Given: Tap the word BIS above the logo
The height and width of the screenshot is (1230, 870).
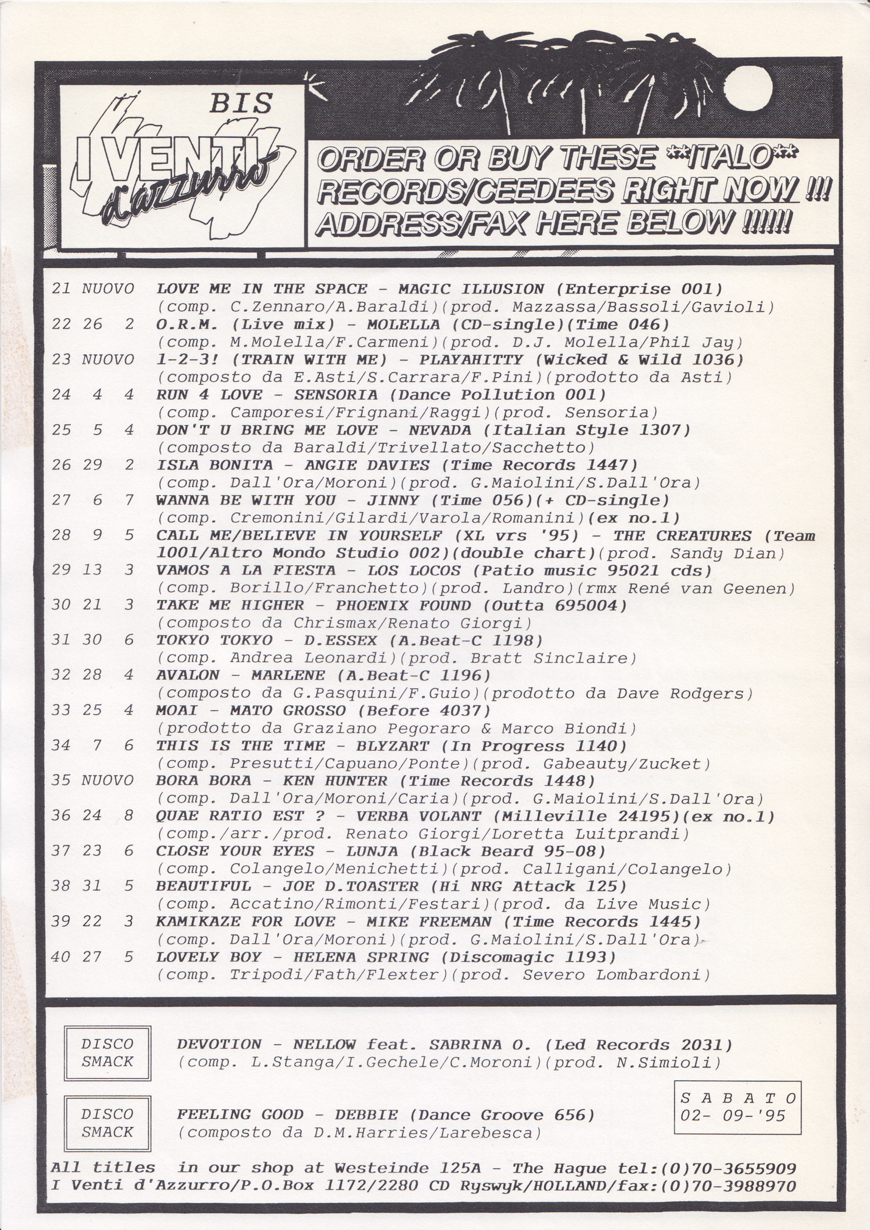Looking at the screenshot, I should (241, 102).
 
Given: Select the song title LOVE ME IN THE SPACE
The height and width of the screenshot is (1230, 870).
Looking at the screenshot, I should (261, 289).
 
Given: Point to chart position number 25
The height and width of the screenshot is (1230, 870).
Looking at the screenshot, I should (61, 430).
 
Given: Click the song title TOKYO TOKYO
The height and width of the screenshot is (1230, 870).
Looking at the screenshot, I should (214, 641).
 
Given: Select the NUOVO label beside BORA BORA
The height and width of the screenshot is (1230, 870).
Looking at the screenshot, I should (107, 781).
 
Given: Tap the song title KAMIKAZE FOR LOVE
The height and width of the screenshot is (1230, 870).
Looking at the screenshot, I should (246, 922).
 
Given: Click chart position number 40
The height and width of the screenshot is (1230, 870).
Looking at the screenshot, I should (61, 957).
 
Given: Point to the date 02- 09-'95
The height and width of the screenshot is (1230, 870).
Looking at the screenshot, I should (733, 1116).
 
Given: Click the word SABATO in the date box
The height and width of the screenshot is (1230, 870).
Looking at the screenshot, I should (738, 1098).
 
